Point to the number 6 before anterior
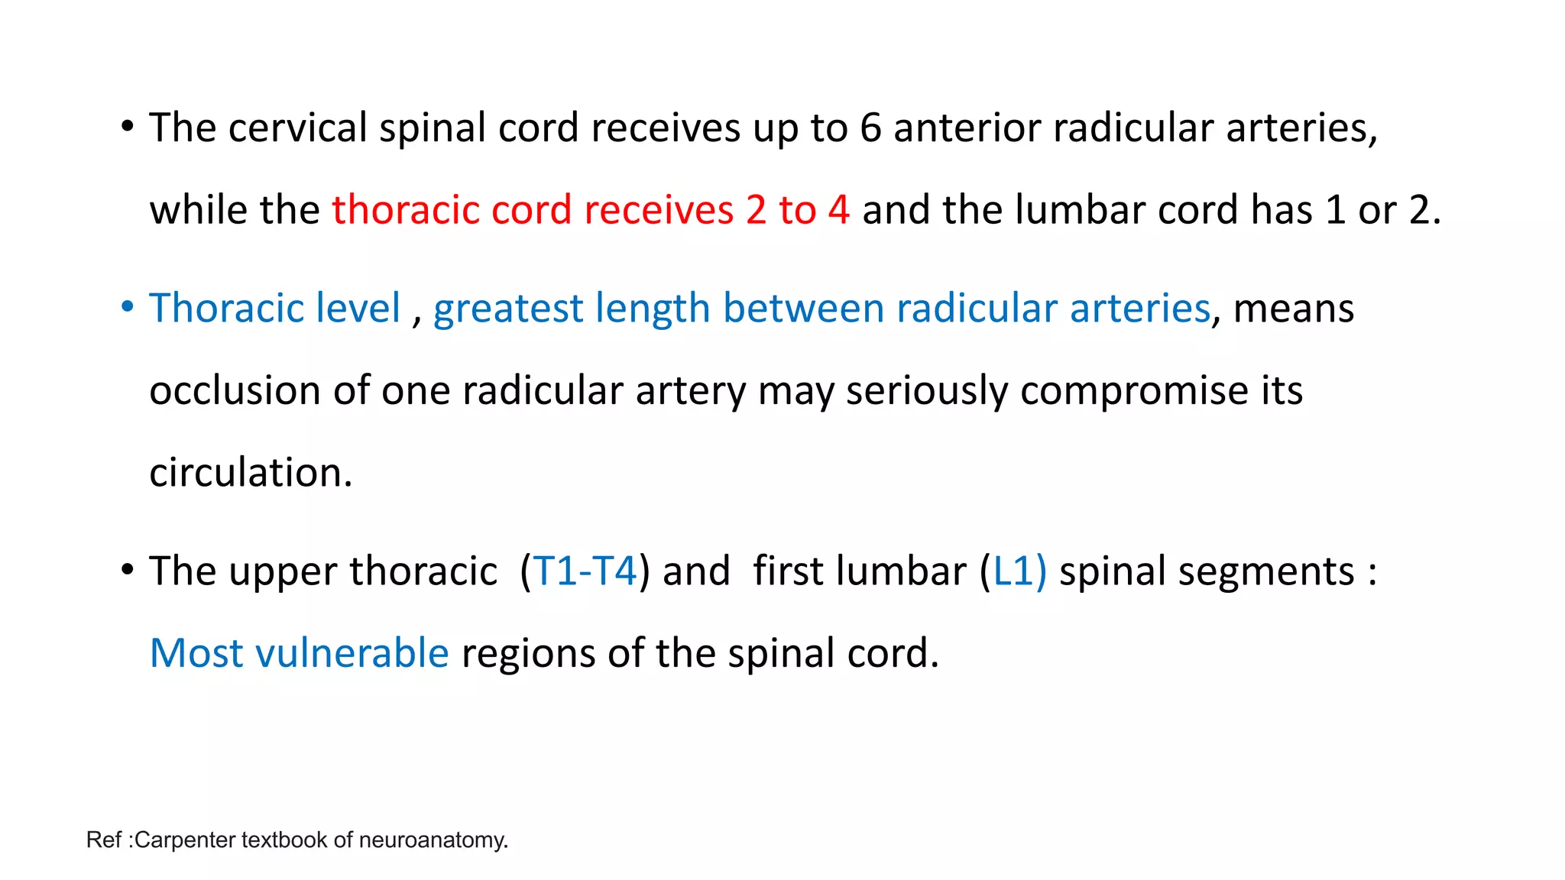click(x=870, y=128)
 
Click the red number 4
click(x=838, y=209)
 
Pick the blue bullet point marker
click(x=128, y=306)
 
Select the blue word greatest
click(x=508, y=308)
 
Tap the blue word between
click(x=803, y=308)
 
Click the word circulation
click(x=250, y=472)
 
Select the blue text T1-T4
click(x=585, y=571)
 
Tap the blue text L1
click(x=1013, y=571)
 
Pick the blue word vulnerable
click(x=352, y=653)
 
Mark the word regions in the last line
click(x=528, y=653)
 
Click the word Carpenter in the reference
click(x=185, y=840)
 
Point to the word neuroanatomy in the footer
click(x=433, y=840)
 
